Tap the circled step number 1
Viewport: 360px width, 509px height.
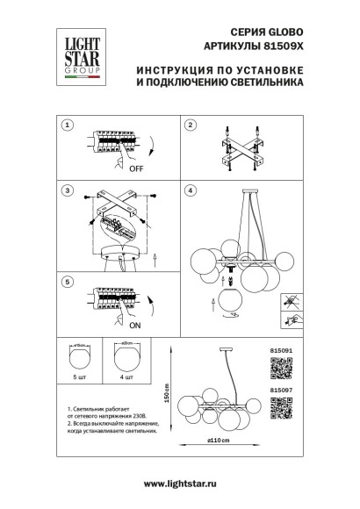click(x=67, y=125)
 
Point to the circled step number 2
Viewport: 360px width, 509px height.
click(x=189, y=125)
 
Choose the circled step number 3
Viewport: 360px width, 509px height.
click(x=67, y=190)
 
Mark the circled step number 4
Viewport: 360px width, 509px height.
click(x=189, y=190)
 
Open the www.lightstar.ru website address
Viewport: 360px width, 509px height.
click(x=181, y=484)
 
